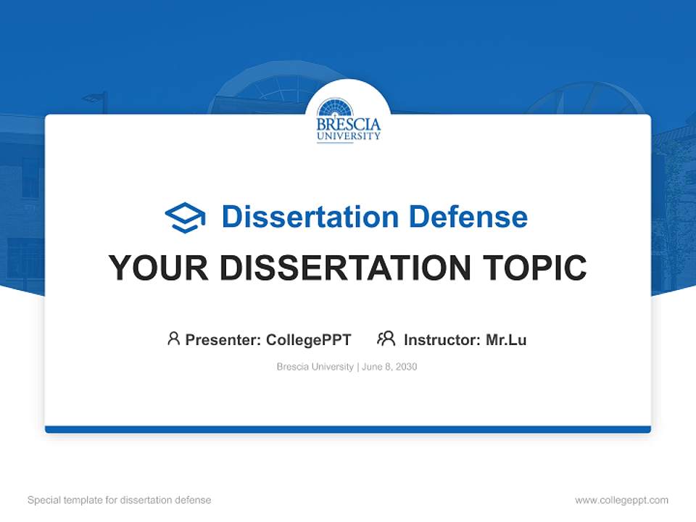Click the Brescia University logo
pos(348,120)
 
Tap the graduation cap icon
pos(185,217)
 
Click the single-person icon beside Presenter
pos(173,339)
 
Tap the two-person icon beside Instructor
pos(386,339)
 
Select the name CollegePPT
pos(308,339)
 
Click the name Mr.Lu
pos(506,339)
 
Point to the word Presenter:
pos(223,339)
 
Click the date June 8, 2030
pos(389,367)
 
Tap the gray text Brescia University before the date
pos(315,367)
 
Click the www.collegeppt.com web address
pos(621,500)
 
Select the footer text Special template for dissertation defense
pos(119,500)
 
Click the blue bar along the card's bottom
pos(348,429)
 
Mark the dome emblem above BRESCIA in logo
pos(335,109)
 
